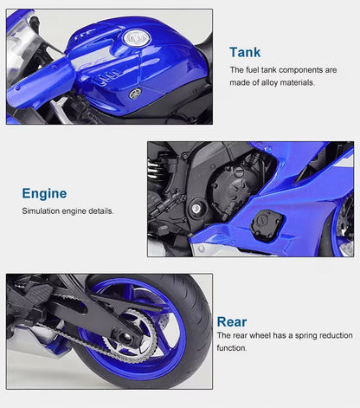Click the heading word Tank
(x=245, y=52)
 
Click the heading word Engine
(x=44, y=194)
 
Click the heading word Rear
(x=232, y=321)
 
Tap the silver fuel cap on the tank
(x=137, y=38)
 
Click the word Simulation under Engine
(x=41, y=211)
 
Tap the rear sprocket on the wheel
(x=129, y=335)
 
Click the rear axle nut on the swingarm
(x=125, y=336)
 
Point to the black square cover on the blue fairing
(x=267, y=224)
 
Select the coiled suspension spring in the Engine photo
(x=156, y=172)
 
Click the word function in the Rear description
(x=232, y=348)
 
